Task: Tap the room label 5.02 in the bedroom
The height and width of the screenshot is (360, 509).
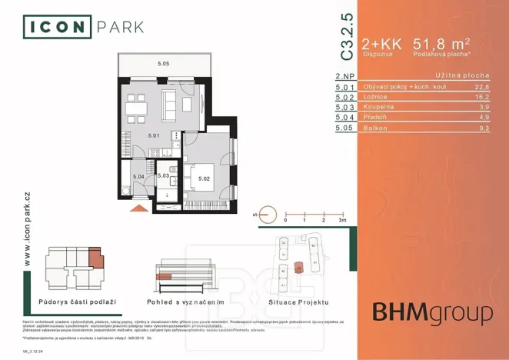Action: (x=204, y=179)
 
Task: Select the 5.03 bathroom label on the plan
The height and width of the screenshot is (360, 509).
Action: (x=163, y=176)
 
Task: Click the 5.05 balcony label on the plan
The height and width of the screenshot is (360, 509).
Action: (x=163, y=64)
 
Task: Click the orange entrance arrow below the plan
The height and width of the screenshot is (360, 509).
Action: (x=138, y=207)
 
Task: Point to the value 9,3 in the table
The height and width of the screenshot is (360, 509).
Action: (x=482, y=128)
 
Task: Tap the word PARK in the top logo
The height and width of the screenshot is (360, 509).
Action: (x=120, y=28)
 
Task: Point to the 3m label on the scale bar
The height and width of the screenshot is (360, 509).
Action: (x=343, y=220)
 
